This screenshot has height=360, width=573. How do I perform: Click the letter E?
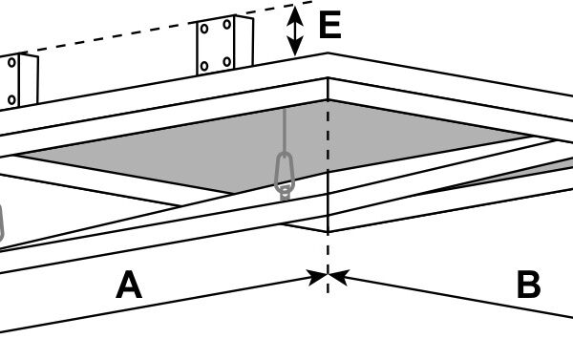(x=330, y=25)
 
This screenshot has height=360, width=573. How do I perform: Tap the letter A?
(x=129, y=285)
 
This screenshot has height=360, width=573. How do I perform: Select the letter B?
(x=529, y=285)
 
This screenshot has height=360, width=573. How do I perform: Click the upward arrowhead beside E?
(x=295, y=16)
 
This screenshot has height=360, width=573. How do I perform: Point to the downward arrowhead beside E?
(x=295, y=46)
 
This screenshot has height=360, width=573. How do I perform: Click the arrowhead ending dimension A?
(x=317, y=277)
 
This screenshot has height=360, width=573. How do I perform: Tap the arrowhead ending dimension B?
(x=339, y=276)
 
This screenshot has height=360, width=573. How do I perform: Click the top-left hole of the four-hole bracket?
(x=204, y=29)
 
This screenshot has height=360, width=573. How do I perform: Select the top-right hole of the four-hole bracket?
(x=227, y=25)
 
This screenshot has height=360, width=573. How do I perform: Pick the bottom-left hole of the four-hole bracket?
(x=204, y=66)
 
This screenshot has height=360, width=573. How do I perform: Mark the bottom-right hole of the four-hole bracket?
(x=227, y=61)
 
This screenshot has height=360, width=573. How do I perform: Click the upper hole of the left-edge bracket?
(x=11, y=62)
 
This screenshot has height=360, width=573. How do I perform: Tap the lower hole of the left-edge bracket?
(x=11, y=99)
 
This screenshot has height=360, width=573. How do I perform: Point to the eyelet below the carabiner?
(x=285, y=192)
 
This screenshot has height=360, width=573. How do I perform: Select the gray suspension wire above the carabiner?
(x=285, y=130)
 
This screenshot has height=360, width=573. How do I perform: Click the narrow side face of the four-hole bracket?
(x=244, y=41)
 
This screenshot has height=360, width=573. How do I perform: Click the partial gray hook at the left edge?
(x=2, y=222)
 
